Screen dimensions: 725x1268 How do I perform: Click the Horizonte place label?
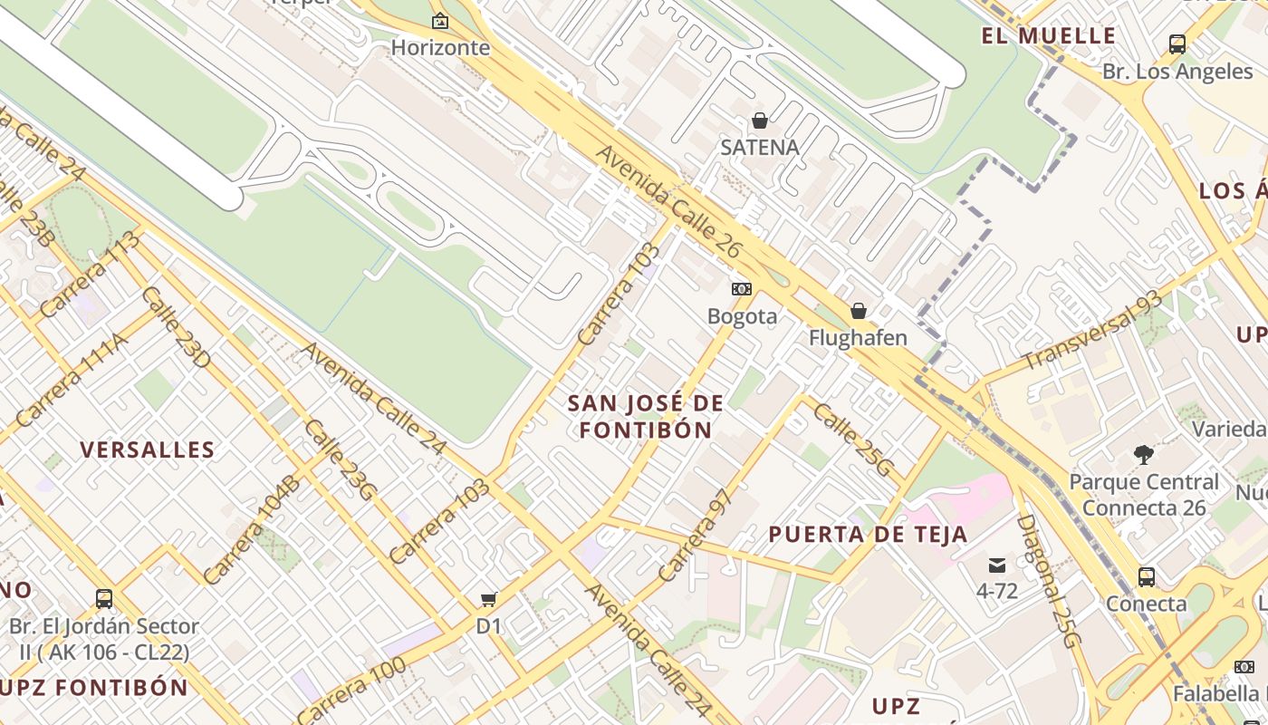coord(440,47)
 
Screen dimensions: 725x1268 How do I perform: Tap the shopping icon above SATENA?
coord(760,121)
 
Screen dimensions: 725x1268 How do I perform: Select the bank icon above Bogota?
coord(742,289)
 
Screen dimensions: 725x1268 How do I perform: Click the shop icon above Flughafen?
coord(858,312)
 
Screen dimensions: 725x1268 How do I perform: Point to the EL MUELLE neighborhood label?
coord(1049,36)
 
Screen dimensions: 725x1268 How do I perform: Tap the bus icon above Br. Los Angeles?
coord(1177,43)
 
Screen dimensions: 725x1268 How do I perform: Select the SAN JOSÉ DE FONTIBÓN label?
coord(646,416)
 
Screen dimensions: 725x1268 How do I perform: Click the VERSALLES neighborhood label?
coord(148,449)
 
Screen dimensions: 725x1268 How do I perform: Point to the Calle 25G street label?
coord(852,440)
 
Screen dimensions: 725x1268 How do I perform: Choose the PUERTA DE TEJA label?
coord(869,535)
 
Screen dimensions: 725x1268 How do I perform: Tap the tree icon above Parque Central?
coord(1144,454)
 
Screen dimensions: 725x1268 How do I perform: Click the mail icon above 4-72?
coord(997,565)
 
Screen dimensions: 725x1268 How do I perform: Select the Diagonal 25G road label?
coord(1049,580)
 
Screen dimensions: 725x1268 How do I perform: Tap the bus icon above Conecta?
coord(1146,576)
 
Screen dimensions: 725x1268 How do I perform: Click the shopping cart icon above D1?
coord(489,599)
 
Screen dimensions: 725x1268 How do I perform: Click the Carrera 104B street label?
coord(251,530)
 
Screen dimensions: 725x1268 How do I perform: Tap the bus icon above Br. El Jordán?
coord(104,598)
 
